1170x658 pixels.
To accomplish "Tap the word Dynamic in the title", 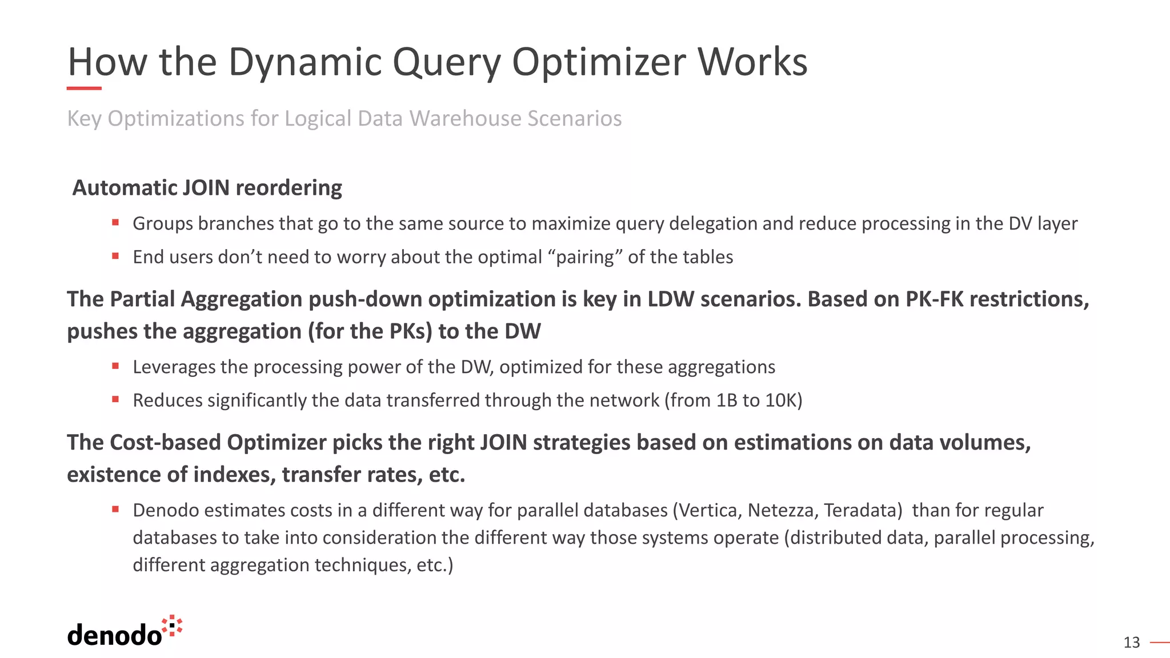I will coord(305,62).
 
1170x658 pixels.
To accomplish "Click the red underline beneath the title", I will coord(84,89).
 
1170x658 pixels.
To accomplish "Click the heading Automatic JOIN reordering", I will coord(207,188).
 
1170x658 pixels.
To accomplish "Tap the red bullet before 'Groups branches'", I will coord(115,222).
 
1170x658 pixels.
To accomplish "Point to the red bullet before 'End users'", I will coord(115,256).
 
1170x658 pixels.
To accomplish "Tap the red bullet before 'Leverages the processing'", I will coord(115,366).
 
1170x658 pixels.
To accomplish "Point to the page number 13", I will coord(1131,643).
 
